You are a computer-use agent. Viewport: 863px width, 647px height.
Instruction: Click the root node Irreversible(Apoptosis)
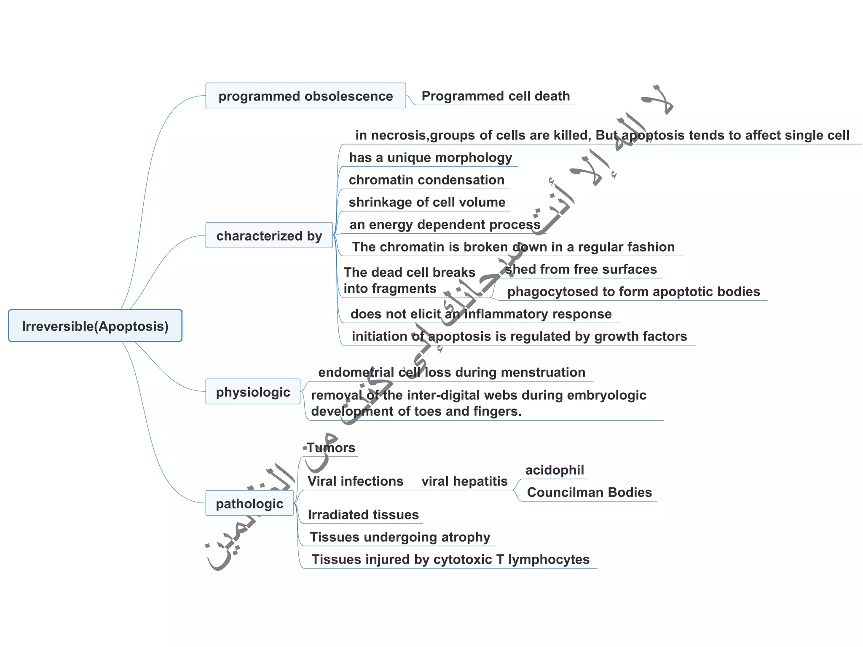click(95, 326)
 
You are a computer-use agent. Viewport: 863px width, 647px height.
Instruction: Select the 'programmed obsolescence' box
click(306, 96)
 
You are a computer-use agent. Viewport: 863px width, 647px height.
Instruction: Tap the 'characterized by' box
click(269, 235)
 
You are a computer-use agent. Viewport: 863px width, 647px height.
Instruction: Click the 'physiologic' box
click(253, 392)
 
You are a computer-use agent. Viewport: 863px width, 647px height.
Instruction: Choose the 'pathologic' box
click(249, 503)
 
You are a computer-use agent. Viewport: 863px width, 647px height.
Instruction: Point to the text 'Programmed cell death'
click(496, 96)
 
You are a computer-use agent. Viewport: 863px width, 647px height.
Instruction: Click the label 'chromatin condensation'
click(426, 180)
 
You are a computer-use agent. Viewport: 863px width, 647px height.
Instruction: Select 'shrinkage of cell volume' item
click(427, 202)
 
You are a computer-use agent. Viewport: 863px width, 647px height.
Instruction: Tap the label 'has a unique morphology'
click(430, 158)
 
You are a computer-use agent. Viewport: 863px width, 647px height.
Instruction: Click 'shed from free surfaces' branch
click(581, 269)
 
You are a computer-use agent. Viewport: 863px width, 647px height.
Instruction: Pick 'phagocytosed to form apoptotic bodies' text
click(633, 291)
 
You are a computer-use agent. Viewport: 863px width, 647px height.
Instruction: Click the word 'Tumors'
click(331, 448)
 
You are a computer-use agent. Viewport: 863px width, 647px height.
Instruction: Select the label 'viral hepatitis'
click(464, 481)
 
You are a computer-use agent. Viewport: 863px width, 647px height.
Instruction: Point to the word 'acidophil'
click(555, 470)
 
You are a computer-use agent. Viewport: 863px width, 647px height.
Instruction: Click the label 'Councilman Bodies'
click(589, 492)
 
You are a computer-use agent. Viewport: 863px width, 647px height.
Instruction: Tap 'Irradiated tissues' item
click(363, 515)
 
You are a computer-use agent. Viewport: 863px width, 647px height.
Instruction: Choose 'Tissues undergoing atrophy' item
click(400, 537)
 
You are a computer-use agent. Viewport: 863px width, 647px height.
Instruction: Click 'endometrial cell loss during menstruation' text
click(452, 372)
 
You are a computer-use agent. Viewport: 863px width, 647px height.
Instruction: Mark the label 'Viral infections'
click(355, 481)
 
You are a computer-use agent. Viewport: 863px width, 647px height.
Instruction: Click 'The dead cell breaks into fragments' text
click(409, 281)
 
